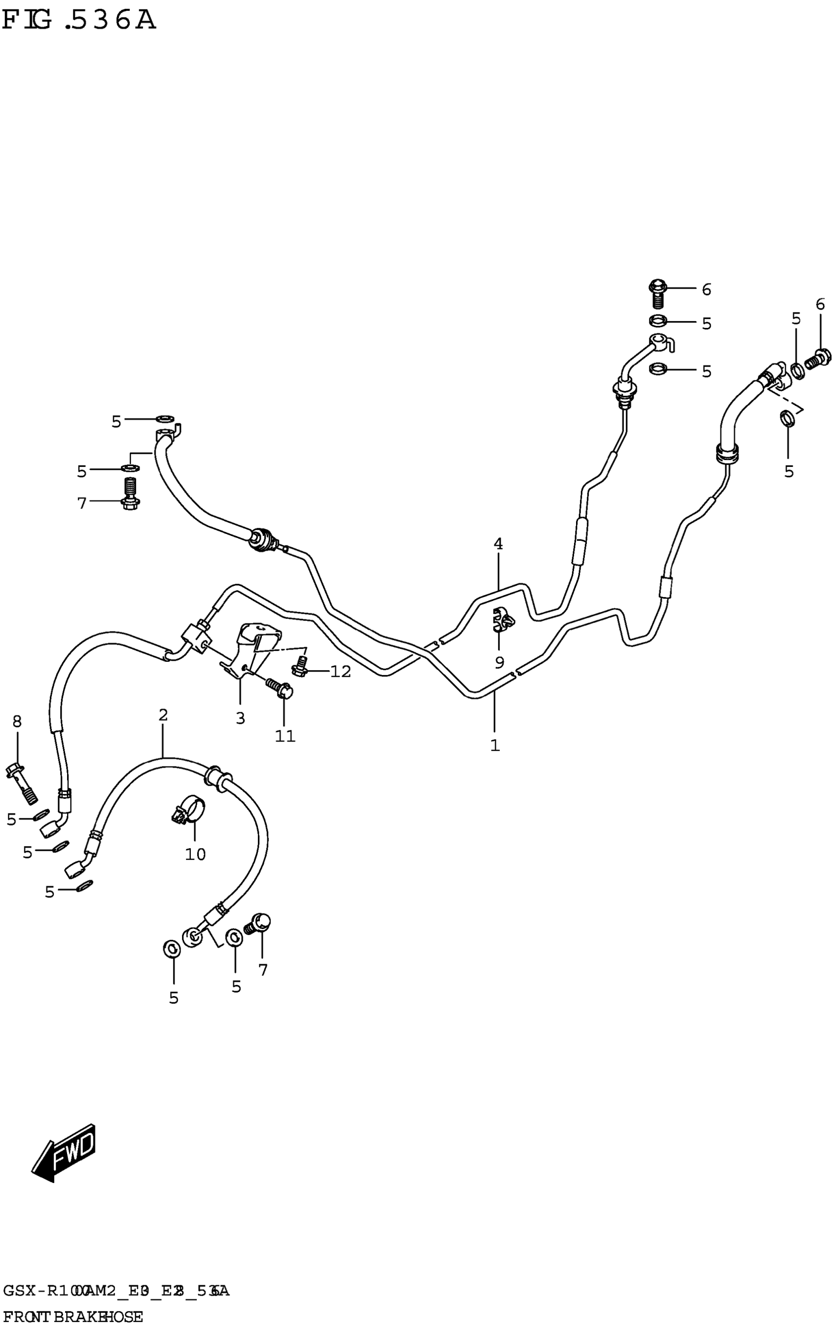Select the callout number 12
tap(340, 671)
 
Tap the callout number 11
tap(285, 736)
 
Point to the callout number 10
tap(195, 854)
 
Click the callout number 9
tap(499, 662)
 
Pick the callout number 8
tap(17, 721)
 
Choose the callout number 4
tap(498, 544)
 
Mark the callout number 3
tap(240, 718)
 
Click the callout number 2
tap(163, 715)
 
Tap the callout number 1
tap(495, 745)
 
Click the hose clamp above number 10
tap(188, 811)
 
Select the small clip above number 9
tap(503, 618)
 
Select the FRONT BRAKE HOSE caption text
tap(72, 1312)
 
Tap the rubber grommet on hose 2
tap(217, 777)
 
